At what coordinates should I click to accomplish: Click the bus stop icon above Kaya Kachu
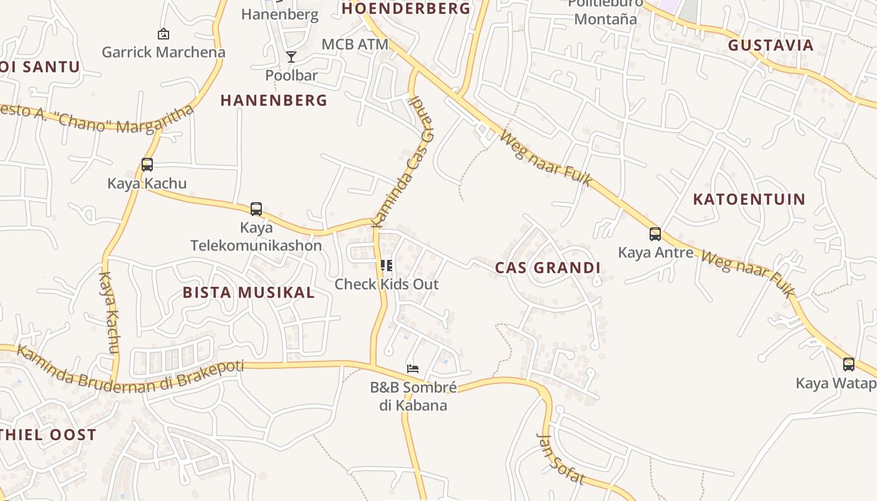(x=147, y=165)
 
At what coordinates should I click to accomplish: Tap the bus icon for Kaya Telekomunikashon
(x=256, y=209)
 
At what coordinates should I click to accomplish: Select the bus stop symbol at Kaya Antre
(x=655, y=234)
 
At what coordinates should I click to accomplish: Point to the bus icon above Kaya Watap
(x=849, y=364)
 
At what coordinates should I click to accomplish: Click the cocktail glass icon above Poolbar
(x=291, y=57)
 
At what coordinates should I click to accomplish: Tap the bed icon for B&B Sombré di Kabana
(x=412, y=368)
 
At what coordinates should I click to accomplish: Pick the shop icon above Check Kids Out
(x=387, y=266)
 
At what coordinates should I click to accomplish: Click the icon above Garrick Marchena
(x=163, y=34)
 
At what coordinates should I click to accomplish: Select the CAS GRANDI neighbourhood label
(x=547, y=268)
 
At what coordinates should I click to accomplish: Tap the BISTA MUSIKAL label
(x=249, y=292)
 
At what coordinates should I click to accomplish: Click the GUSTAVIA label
(x=771, y=45)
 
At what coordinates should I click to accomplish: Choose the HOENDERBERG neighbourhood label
(x=406, y=9)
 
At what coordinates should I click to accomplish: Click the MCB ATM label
(x=355, y=44)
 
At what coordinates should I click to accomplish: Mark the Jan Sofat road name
(x=561, y=460)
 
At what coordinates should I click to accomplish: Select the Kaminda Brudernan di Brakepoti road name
(x=128, y=374)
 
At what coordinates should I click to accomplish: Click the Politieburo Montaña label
(x=605, y=13)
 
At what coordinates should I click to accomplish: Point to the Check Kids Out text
(x=387, y=284)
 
